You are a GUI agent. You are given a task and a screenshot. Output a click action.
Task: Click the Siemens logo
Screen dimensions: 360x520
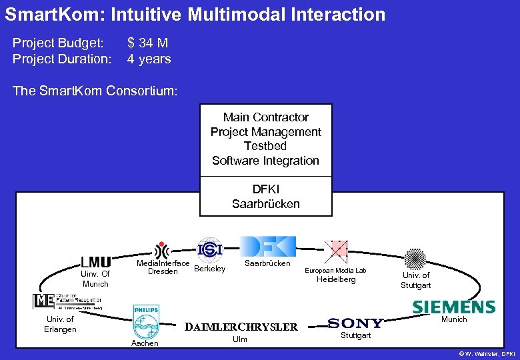point(453,307)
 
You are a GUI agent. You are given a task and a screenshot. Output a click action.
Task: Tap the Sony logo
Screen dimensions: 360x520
point(355,323)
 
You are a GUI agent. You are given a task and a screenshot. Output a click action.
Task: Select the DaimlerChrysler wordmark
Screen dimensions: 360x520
point(241,327)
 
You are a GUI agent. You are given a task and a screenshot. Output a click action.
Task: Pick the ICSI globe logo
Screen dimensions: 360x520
point(210,249)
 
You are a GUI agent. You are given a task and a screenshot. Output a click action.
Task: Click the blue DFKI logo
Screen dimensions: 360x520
point(267,247)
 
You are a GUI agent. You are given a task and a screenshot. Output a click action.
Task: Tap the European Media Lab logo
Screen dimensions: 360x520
point(335,252)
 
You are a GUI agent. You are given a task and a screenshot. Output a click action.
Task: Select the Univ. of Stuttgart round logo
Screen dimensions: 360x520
point(415,258)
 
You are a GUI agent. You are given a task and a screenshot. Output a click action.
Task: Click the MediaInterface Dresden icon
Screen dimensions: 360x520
point(161,250)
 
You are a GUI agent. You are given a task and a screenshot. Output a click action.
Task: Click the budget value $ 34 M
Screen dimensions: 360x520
point(147,43)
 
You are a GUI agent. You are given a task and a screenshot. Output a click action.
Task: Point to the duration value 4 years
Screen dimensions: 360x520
point(149,59)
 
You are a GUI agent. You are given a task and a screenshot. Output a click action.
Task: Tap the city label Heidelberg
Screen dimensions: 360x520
point(335,279)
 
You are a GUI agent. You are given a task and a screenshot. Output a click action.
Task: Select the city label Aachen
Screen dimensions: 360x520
point(145,343)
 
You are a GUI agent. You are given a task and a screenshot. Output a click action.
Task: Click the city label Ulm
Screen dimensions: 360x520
point(239,339)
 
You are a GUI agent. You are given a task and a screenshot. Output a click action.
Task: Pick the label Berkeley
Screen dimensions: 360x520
point(209,269)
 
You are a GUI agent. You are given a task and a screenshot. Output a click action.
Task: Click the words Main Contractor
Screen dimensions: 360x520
point(265,117)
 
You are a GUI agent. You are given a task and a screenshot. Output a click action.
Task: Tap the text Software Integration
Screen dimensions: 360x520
point(265,161)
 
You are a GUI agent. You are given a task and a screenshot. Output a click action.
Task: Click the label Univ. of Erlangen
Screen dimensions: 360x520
point(60,324)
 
